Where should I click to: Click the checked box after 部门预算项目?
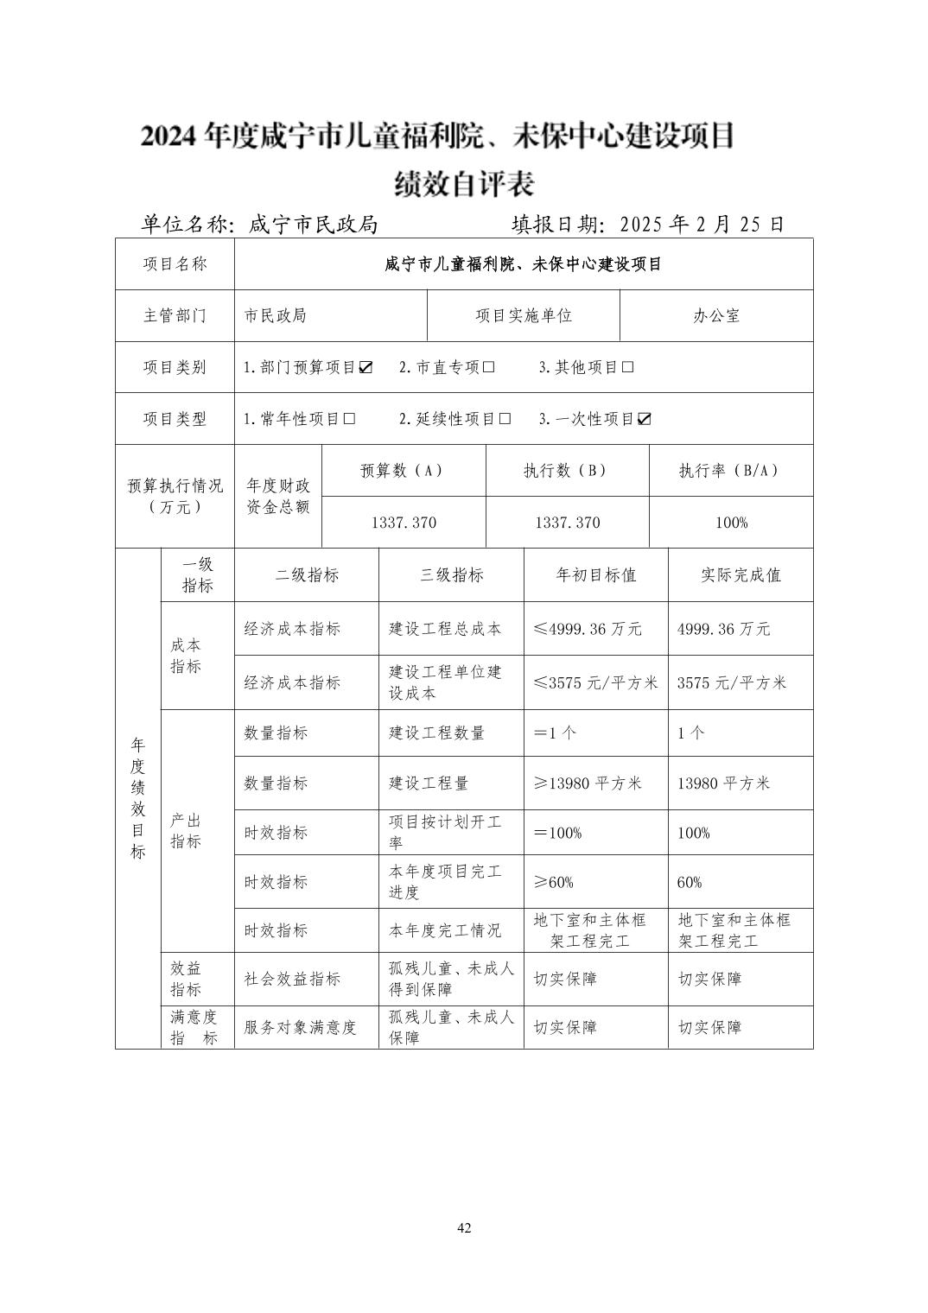point(365,367)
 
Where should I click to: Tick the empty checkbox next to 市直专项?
point(489,367)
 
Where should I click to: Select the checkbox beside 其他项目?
point(628,367)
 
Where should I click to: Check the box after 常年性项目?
point(349,419)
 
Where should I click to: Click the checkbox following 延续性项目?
point(505,419)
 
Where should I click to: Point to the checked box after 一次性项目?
point(645,419)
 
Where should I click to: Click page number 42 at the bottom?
point(464,1227)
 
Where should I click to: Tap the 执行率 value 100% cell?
point(731,523)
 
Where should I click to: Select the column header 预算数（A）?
point(403,471)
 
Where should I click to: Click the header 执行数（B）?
point(567,471)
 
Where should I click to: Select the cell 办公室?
point(716,316)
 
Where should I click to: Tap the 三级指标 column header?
point(451,575)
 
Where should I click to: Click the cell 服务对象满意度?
point(300,1027)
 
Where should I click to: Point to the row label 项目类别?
point(175,367)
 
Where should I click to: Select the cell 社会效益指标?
point(292,979)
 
